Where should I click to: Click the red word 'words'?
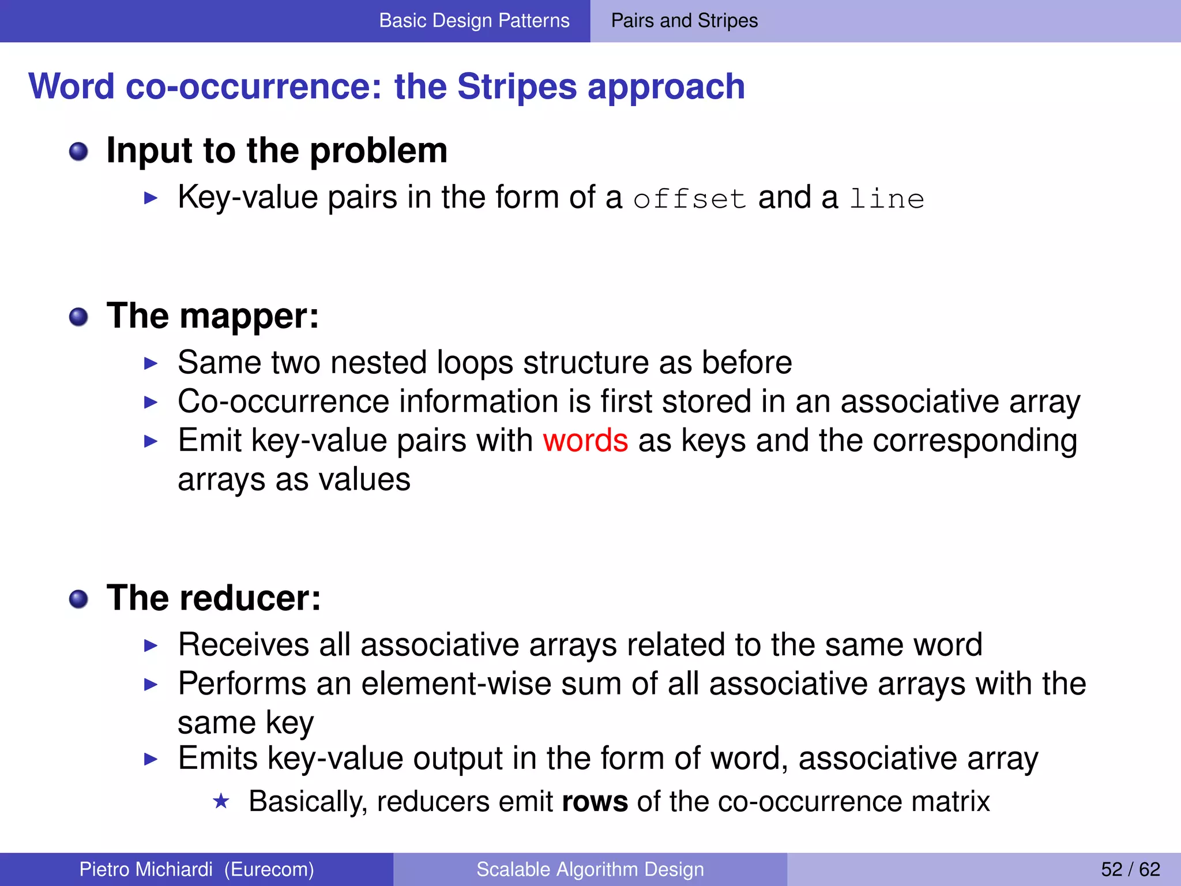tap(585, 441)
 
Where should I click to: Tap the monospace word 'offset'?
tap(690, 200)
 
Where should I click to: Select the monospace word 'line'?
tap(887, 200)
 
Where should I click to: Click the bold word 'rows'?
tap(595, 802)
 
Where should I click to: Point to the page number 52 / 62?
tap(1130, 869)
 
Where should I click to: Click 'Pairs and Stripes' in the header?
tap(684, 21)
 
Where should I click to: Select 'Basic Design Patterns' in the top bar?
tap(474, 21)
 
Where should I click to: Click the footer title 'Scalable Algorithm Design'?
tap(590, 869)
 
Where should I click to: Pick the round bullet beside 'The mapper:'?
tap(78, 317)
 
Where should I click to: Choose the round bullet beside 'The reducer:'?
tap(78, 599)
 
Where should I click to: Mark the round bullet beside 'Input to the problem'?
tap(78, 152)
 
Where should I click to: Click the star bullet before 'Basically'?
tap(221, 801)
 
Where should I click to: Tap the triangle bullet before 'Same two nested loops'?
tap(151, 363)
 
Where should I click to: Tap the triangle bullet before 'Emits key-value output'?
tap(151, 759)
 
